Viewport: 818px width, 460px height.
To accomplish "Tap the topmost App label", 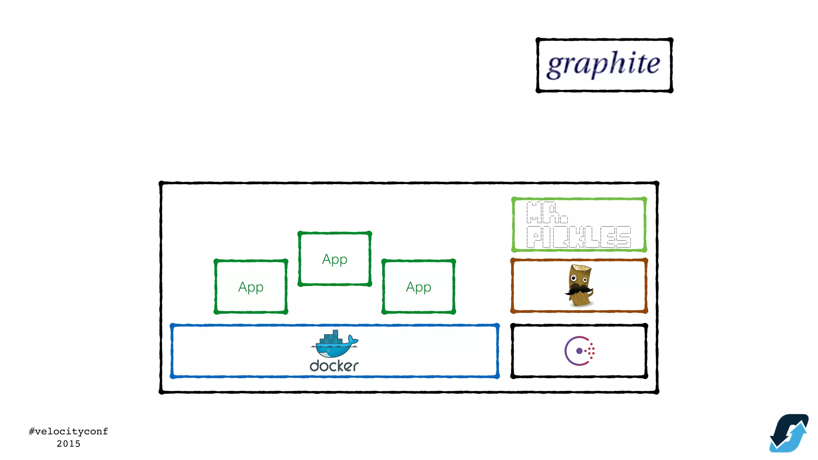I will (335, 260).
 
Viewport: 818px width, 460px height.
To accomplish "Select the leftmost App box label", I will (251, 287).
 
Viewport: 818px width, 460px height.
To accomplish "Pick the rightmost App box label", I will (419, 287).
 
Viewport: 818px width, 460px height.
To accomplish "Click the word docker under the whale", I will (334, 366).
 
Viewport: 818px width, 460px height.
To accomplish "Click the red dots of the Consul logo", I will (591, 351).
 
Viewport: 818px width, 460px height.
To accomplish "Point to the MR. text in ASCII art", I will (546, 213).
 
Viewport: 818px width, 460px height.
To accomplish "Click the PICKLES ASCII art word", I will (578, 237).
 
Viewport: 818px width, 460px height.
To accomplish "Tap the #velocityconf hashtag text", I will (68, 431).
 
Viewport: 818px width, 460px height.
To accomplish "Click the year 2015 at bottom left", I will (68, 444).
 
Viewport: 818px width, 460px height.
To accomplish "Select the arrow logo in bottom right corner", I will (789, 433).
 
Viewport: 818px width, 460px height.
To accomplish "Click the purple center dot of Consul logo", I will (579, 351).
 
